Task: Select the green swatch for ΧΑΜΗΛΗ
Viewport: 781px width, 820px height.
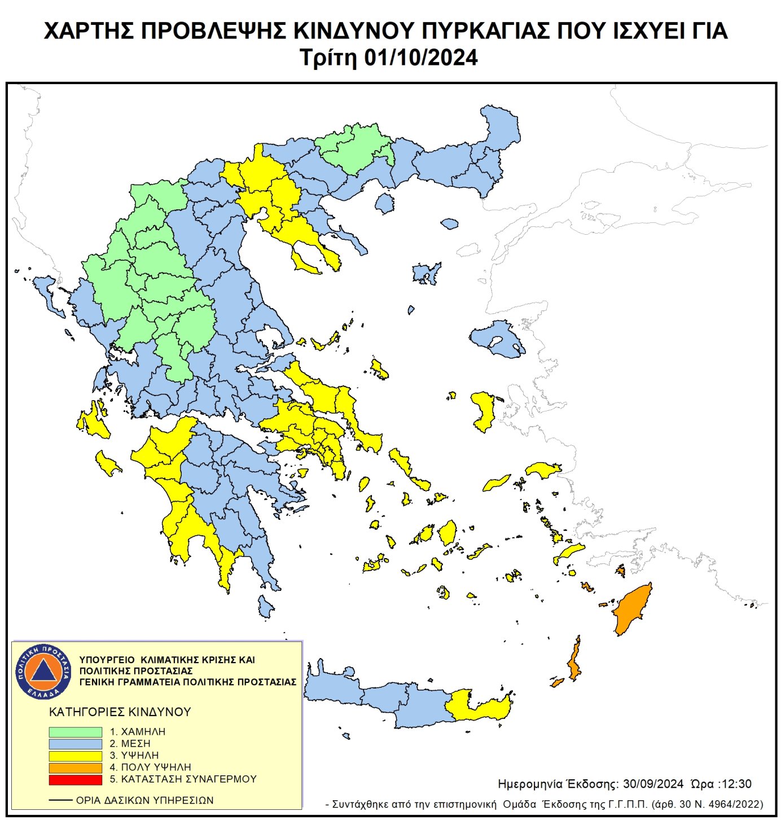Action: [75, 731]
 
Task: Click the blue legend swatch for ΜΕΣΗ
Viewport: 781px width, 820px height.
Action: [75, 743]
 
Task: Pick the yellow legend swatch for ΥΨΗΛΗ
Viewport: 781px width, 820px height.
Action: [75, 755]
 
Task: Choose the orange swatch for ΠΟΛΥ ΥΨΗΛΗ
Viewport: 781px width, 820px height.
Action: [75, 768]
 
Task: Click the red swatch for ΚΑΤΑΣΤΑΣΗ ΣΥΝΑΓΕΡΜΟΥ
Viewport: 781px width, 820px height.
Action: [75, 779]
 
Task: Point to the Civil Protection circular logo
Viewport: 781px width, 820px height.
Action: [43, 671]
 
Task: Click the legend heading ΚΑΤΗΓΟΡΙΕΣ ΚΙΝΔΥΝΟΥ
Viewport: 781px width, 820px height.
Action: [120, 712]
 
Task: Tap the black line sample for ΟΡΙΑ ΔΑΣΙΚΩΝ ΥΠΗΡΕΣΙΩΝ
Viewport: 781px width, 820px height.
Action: [60, 800]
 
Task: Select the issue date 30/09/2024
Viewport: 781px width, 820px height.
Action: [653, 784]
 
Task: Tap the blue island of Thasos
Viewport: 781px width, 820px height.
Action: [384, 203]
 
